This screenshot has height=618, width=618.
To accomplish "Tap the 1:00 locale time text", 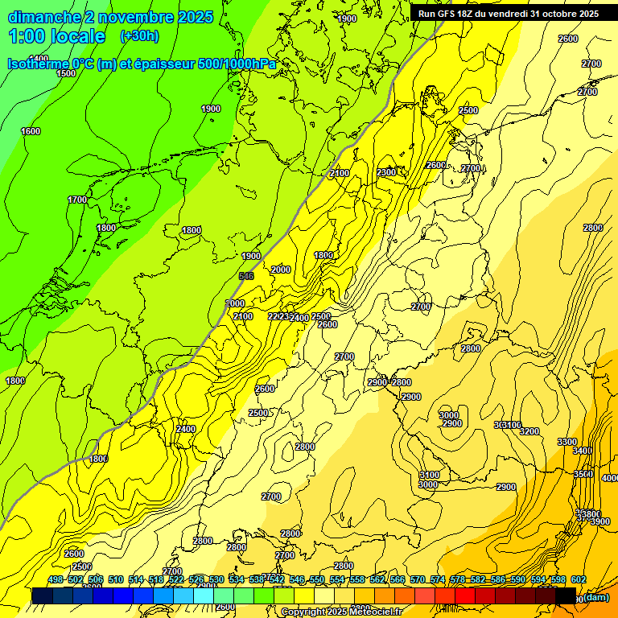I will pyautogui.click(x=56, y=36).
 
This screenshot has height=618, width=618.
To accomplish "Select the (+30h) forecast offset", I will pyautogui.click(x=139, y=36).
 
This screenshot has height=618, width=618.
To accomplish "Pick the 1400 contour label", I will pyautogui.click(x=38, y=59).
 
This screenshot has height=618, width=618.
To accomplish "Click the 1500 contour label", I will pyautogui.click(x=66, y=73).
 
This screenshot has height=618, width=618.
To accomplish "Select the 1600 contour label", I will pyautogui.click(x=31, y=131).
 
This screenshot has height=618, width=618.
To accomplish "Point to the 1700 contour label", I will pyautogui.click(x=77, y=200).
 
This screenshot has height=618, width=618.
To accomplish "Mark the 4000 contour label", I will pyautogui.click(x=609, y=478).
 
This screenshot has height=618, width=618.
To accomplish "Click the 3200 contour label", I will pyautogui.click(x=529, y=431).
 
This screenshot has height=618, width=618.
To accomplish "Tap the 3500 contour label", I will pyautogui.click(x=583, y=474).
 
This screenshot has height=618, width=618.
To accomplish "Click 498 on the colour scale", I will pyautogui.click(x=56, y=579).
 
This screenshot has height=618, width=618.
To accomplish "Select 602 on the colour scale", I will pyautogui.click(x=578, y=579).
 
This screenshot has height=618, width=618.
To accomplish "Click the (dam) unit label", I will pyautogui.click(x=595, y=597).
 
